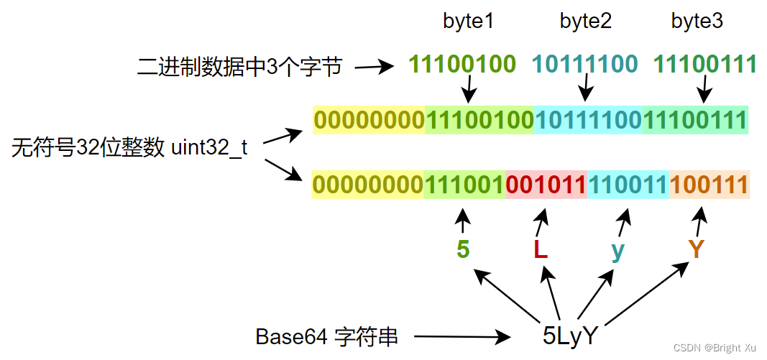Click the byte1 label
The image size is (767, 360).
point(468,22)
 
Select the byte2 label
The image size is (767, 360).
point(585,22)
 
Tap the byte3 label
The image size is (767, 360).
point(697,22)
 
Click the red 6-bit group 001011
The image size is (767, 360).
point(546,185)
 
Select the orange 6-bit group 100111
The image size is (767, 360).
point(709,185)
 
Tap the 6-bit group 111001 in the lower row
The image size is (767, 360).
point(465,185)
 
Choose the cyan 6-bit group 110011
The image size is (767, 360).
point(628,185)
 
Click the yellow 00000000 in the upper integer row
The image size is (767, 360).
point(369,120)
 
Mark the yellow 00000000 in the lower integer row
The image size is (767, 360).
point(368,185)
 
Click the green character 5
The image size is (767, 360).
point(463,249)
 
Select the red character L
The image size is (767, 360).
point(541,249)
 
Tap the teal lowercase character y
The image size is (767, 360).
point(617,250)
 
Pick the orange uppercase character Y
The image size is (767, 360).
point(695,249)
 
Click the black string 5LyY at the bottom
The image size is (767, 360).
point(569,336)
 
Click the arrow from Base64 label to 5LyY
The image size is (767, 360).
point(461,336)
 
